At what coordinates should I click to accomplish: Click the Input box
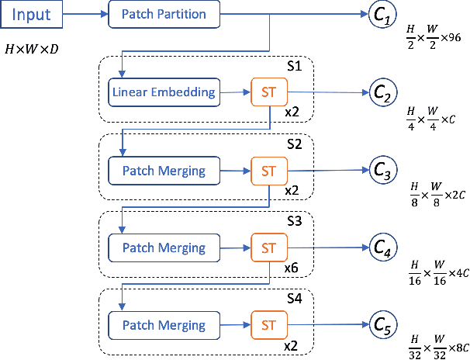point(32,15)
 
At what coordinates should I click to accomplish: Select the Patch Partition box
point(164,15)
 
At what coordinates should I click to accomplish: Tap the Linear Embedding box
point(164,92)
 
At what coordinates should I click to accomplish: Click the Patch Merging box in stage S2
point(164,170)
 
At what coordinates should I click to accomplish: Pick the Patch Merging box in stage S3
point(164,248)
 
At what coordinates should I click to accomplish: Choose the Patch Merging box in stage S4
point(164,325)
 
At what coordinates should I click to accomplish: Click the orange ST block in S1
point(269,92)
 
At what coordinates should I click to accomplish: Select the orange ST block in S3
point(269,248)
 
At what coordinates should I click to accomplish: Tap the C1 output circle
point(385,15)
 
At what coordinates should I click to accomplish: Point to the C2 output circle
point(385,92)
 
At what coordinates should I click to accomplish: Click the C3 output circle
point(385,170)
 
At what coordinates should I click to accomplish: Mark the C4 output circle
point(385,248)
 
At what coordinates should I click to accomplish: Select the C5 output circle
point(385,325)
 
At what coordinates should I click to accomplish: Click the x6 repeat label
point(292,268)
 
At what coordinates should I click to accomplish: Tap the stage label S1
point(294,66)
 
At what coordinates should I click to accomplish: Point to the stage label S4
point(294,299)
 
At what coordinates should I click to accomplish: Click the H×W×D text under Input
point(33,49)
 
